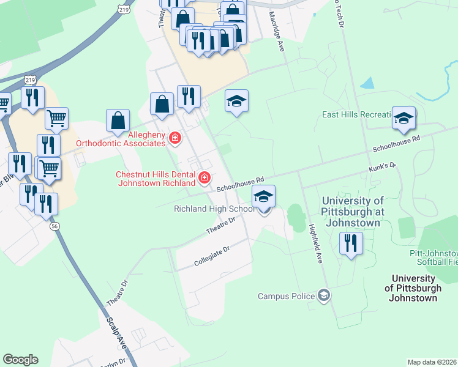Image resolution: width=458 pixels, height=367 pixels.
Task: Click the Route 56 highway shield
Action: pos(54,226)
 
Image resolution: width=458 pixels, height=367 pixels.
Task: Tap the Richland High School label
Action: pos(214,209)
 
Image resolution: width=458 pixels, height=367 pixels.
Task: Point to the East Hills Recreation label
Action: pos(356,115)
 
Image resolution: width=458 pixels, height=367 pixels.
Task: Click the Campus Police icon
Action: pos(324,296)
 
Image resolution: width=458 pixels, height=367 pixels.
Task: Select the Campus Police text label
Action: pos(285,296)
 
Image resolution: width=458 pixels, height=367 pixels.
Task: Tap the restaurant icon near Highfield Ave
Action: pos(351,243)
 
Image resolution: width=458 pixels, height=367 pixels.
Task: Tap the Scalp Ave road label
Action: pos(116,333)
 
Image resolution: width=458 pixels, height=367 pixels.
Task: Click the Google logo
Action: pos(20,360)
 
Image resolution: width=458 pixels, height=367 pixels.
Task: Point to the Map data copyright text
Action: pos(432,362)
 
